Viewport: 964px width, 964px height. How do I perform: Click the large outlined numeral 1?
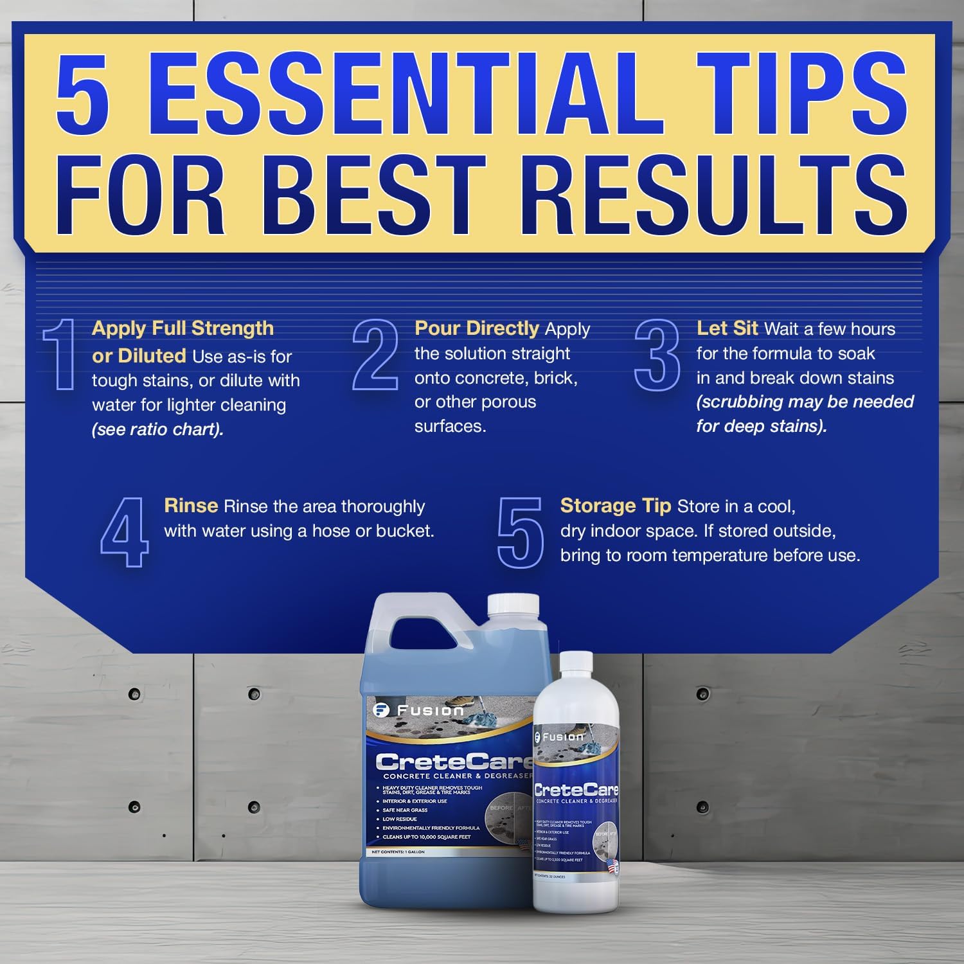coord(61,354)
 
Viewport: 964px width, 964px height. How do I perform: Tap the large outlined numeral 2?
coord(375,354)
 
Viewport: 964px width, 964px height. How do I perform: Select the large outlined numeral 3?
coord(657,354)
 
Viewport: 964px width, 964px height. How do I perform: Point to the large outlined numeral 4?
coord(124,532)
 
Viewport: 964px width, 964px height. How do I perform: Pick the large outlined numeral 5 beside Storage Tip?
coord(520,532)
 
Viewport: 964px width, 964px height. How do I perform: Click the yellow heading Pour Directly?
coord(476,328)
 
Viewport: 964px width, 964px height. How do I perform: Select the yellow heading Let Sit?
coord(727,328)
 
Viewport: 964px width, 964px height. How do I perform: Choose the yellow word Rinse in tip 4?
coord(191,506)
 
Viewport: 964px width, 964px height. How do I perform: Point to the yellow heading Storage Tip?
coord(615,506)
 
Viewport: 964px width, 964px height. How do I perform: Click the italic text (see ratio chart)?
coord(157,429)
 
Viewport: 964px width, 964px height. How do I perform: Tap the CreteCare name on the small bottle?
coord(576,790)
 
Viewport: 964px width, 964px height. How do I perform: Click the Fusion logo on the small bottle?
coord(559,737)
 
